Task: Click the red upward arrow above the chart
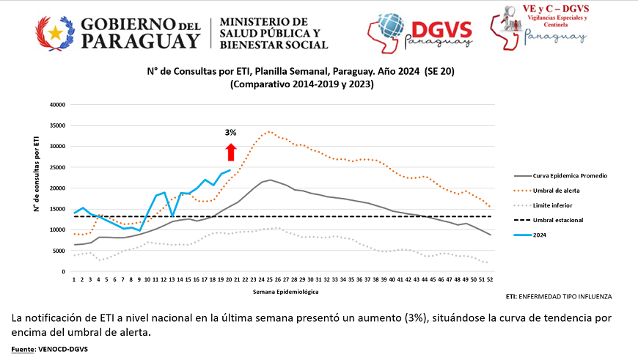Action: [x=230, y=152]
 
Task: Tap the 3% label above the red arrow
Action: [x=230, y=133]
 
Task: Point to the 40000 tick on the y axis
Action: [x=56, y=104]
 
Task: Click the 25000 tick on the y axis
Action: [x=56, y=167]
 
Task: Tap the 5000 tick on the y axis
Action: [x=59, y=251]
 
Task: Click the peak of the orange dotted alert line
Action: [x=270, y=132]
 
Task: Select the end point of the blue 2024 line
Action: [x=230, y=170]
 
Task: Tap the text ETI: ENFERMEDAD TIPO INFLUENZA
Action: [x=559, y=297]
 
